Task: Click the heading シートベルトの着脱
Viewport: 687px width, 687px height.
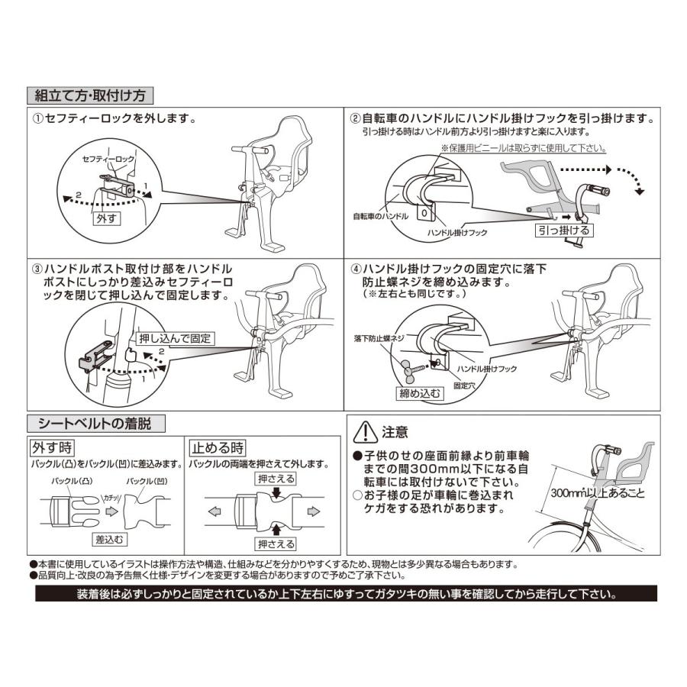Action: coord(95,423)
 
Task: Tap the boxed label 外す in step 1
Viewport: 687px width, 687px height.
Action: coord(106,218)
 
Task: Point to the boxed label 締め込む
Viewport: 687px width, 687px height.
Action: coord(421,394)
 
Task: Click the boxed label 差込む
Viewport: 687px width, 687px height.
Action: coord(110,539)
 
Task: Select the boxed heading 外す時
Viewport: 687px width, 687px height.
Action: coord(56,446)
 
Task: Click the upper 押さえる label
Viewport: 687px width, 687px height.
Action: coord(276,479)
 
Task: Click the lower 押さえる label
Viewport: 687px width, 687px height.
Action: coord(276,543)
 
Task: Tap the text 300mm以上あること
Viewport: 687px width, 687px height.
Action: coord(598,494)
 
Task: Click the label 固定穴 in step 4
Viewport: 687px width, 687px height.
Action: coord(466,386)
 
